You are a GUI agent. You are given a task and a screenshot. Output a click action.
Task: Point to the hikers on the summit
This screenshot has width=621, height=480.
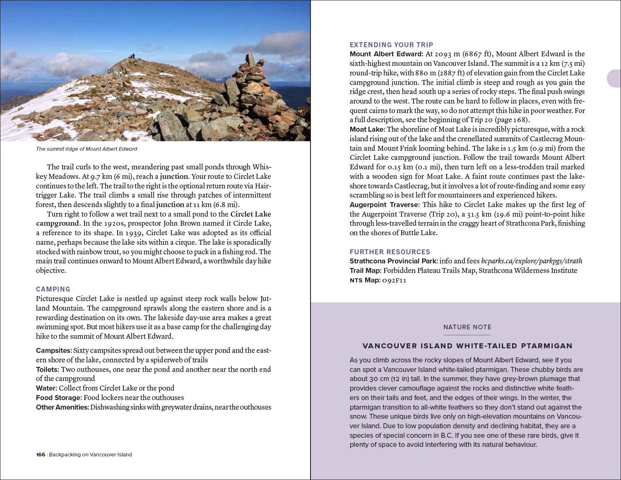point(132,56)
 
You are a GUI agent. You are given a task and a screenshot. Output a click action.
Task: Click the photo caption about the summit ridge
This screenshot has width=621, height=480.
point(87,149)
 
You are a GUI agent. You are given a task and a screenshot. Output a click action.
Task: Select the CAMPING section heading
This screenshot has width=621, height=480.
point(53,289)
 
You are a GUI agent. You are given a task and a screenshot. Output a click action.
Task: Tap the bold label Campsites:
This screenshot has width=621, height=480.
point(54,350)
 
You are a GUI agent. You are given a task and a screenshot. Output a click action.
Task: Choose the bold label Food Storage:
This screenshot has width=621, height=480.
point(59,398)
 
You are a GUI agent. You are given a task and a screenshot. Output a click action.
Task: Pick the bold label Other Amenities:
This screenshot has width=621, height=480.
point(62,407)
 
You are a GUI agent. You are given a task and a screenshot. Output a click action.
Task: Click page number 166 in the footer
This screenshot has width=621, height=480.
point(41,455)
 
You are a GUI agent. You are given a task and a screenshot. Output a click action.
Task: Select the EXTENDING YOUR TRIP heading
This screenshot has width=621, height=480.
point(391,45)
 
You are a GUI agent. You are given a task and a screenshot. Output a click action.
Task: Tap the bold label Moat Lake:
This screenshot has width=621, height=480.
point(367,129)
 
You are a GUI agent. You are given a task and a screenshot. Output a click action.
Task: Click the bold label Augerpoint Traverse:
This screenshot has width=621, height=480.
point(385,205)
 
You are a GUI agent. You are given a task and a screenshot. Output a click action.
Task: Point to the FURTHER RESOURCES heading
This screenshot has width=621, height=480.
point(390,252)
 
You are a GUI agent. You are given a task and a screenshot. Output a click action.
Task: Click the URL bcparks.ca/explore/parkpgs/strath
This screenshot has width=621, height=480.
point(532,261)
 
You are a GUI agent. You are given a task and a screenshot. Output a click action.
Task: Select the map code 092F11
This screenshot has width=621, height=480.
point(394,280)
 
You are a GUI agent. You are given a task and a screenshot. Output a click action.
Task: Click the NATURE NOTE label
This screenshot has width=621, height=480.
point(467,327)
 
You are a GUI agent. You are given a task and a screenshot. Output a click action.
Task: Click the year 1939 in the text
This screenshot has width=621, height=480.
point(134,233)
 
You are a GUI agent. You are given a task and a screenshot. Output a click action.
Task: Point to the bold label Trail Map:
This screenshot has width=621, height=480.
point(366,270)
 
